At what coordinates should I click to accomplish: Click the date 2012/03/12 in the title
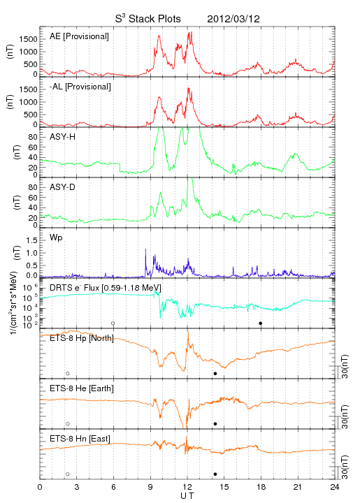[x=233, y=19]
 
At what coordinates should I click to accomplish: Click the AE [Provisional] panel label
[x=79, y=36]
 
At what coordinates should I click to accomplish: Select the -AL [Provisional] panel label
[x=80, y=87]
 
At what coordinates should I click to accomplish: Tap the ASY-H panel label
[x=62, y=137]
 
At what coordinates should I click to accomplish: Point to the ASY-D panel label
[x=62, y=187]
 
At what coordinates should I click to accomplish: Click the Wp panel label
[x=56, y=238]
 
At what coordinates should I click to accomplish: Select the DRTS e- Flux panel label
[x=106, y=288]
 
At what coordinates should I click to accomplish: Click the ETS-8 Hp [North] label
[x=82, y=338]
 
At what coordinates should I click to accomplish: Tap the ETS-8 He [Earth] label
[x=82, y=388]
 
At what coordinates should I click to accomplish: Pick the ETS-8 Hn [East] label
[x=80, y=439]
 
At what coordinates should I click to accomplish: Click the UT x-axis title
[x=187, y=496]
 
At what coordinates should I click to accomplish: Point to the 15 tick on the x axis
[x=224, y=487]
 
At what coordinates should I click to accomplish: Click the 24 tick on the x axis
[x=335, y=487]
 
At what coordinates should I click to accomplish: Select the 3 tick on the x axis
[x=77, y=487]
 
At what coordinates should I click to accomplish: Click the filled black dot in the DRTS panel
[x=261, y=323]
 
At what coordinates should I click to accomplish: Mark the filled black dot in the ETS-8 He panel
[x=215, y=424]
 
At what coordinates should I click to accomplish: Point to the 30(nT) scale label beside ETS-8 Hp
[x=345, y=366]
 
